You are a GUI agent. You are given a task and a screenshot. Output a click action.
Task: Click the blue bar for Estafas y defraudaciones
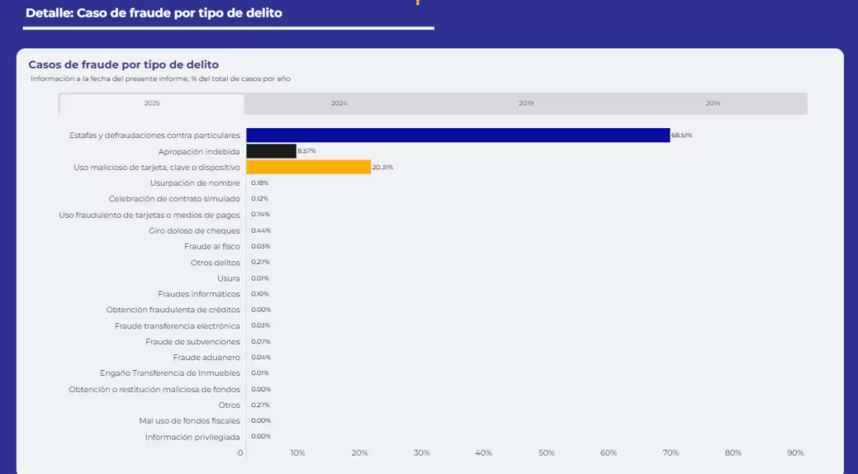(x=457, y=135)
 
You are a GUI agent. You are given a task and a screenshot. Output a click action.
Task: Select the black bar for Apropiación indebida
(x=271, y=151)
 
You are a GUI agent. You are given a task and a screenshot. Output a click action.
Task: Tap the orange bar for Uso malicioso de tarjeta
(x=308, y=167)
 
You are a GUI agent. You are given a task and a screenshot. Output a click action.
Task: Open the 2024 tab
(x=339, y=103)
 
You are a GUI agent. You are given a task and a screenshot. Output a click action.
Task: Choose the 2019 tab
(x=525, y=103)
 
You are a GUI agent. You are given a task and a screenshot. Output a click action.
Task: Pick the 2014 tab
(x=713, y=103)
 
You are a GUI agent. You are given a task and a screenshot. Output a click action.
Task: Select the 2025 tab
(x=152, y=103)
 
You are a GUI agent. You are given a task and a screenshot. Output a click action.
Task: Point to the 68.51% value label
(x=682, y=135)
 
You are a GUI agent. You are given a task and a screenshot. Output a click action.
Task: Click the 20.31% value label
(x=383, y=167)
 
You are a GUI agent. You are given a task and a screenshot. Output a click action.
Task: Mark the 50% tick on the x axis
(x=546, y=453)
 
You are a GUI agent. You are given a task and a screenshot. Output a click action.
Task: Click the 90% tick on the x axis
(x=795, y=453)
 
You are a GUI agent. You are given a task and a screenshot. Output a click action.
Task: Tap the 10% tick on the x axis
(x=297, y=453)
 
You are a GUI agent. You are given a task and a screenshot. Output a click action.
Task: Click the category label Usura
(x=228, y=278)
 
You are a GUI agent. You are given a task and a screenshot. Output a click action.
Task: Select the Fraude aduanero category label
(x=206, y=358)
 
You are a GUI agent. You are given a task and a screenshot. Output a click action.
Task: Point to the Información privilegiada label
(x=192, y=436)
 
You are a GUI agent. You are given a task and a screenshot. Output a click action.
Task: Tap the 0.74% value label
(x=261, y=214)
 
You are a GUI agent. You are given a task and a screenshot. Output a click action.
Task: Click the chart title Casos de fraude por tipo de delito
(x=124, y=64)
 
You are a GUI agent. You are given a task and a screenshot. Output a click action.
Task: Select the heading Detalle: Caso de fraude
(x=153, y=13)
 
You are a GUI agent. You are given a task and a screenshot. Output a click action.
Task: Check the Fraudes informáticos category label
(x=199, y=294)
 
